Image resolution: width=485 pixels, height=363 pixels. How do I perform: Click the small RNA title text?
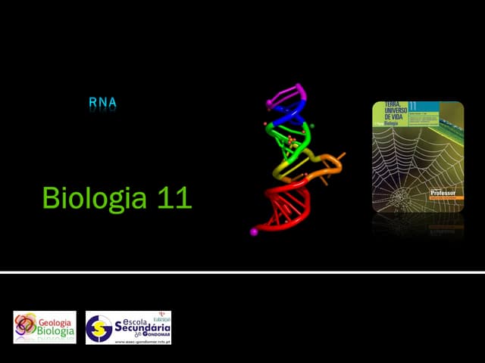102,102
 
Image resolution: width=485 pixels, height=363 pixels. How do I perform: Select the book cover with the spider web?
418,157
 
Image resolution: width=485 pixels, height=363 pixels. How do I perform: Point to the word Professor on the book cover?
445,193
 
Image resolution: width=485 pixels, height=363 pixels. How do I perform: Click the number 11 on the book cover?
414,106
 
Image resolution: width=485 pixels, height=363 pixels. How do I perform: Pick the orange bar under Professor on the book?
445,200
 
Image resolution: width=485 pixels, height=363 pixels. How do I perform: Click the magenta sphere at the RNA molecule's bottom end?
254,232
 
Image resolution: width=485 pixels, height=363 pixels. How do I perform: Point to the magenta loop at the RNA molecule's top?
286,94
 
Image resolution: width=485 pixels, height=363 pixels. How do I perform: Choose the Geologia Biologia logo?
45,327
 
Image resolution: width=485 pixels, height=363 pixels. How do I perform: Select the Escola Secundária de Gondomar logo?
128,327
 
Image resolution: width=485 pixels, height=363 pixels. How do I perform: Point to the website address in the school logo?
142,341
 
